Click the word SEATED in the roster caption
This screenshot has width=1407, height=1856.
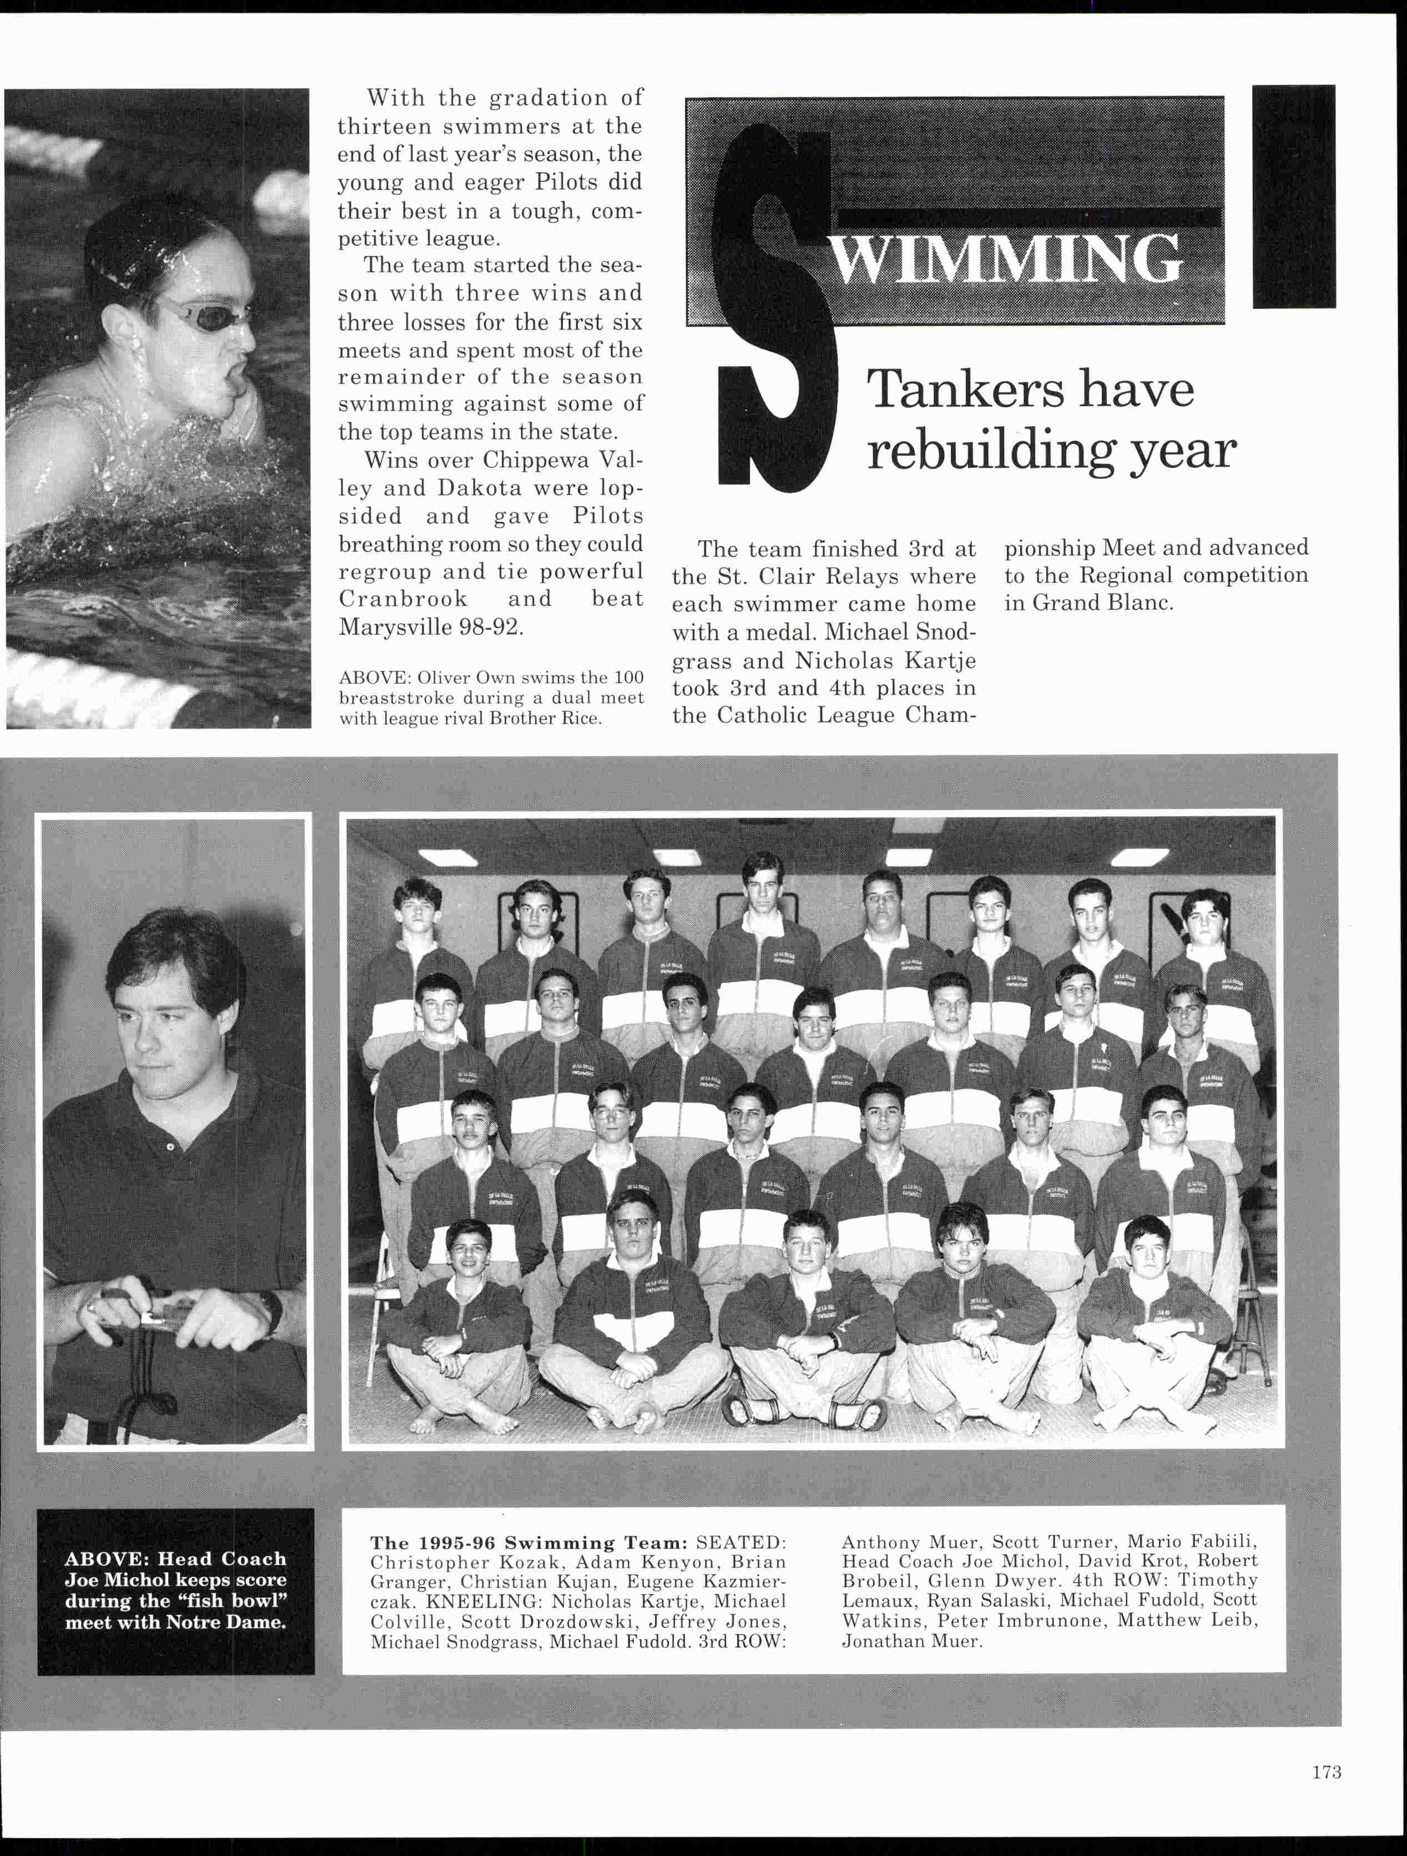click(741, 1543)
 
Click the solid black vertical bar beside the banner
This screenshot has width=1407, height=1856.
click(1293, 196)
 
